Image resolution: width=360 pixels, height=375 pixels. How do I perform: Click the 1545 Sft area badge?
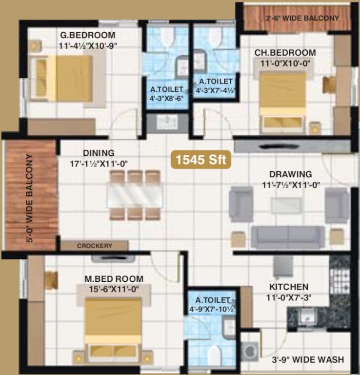click(200, 160)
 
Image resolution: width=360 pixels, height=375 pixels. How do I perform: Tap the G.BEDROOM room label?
click(88, 35)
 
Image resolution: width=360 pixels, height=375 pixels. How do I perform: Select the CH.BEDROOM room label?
click(284, 53)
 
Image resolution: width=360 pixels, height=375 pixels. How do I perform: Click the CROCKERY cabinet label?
click(94, 246)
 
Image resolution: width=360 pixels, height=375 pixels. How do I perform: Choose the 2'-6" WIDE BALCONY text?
click(302, 18)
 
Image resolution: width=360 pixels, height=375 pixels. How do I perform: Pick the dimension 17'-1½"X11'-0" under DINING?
click(99, 164)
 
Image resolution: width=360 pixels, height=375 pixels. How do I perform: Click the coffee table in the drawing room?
click(286, 205)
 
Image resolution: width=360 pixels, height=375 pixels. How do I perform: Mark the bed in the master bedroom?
click(113, 327)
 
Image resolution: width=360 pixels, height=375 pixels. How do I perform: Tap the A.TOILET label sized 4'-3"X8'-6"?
click(166, 93)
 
